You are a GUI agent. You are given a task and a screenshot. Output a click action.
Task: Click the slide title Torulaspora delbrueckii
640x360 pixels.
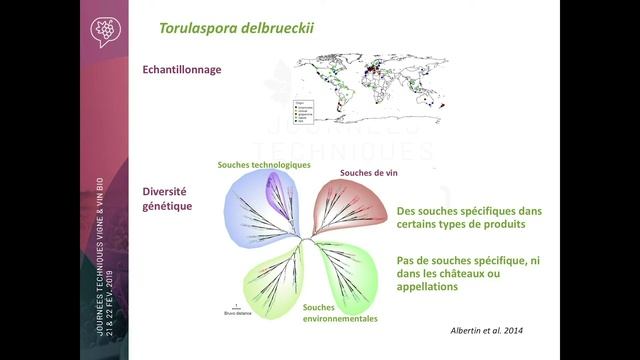tap(236, 27)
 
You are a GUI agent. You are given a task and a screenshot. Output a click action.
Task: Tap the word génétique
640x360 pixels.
tap(167, 206)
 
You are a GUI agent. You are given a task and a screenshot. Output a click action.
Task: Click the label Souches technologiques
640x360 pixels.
tap(264, 165)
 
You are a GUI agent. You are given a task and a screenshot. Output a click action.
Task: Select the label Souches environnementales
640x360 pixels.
tap(340, 313)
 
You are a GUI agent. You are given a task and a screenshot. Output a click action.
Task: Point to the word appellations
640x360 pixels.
tap(428, 287)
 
